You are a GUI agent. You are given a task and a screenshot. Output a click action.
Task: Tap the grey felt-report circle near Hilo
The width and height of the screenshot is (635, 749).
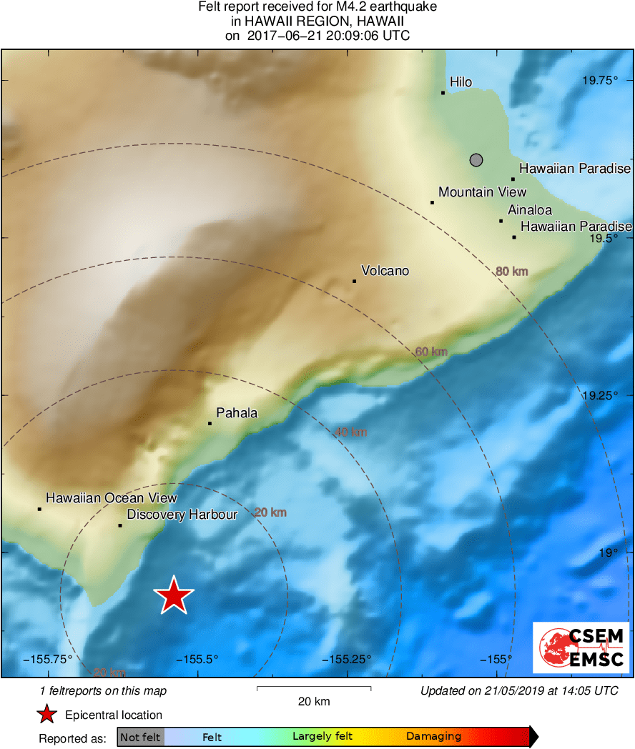tap(477, 160)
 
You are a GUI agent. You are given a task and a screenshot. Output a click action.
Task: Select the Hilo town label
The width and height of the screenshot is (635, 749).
tap(461, 82)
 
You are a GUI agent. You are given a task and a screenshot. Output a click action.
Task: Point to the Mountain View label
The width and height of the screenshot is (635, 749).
tap(482, 192)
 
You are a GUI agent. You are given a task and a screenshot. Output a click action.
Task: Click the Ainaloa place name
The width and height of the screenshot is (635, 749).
tap(530, 210)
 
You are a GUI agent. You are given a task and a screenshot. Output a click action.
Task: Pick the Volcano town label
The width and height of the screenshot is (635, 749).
tap(385, 271)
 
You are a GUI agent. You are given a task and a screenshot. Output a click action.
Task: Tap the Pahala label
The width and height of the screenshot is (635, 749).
tap(237, 413)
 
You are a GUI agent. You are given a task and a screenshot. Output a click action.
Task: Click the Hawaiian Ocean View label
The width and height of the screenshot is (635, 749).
tap(111, 498)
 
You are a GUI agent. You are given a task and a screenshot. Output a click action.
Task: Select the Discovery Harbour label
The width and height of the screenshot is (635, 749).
tap(182, 515)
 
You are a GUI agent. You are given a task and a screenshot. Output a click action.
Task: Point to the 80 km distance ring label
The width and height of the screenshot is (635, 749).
tap(511, 271)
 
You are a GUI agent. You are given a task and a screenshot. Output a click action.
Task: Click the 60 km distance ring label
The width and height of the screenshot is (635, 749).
tap(431, 351)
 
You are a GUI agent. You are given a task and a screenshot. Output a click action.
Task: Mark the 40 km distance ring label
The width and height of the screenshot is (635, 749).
tap(350, 432)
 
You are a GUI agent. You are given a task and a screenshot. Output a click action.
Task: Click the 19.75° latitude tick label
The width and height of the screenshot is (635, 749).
tap(599, 80)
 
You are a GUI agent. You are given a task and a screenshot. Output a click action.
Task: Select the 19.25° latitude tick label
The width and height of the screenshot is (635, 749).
tap(599, 395)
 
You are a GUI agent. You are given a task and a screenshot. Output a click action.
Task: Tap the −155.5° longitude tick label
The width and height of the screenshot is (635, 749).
tap(197, 659)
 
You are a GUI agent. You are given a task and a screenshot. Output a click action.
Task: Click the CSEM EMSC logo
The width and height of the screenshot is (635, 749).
tap(581, 648)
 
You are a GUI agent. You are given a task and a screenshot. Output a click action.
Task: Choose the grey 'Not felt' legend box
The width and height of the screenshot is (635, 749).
tap(140, 737)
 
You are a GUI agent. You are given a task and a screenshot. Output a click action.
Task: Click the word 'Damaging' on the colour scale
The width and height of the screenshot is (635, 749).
tap(433, 737)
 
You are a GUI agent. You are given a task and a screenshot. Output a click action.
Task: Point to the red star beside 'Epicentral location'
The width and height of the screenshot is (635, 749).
tap(47, 715)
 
